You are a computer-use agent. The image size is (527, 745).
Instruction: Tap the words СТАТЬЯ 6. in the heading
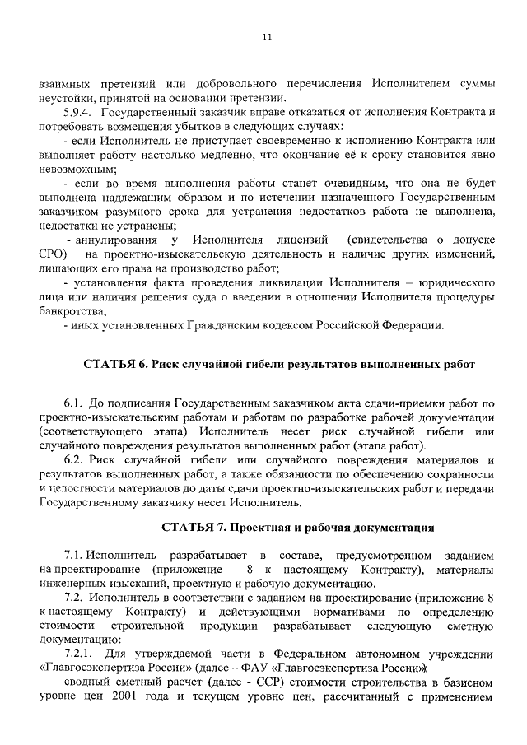[x=113, y=364]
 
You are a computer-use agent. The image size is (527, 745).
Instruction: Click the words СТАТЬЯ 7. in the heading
[x=191, y=526]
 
